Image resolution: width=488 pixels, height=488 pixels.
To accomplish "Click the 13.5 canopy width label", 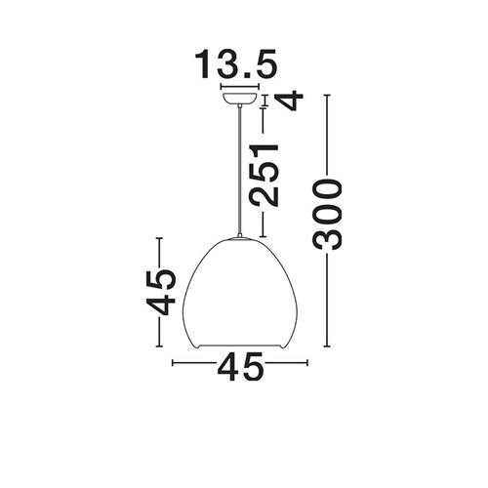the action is pos(235,64).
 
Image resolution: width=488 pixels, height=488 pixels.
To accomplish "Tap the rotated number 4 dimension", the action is pos(289,101).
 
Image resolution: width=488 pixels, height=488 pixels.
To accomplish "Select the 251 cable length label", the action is pos(264,175).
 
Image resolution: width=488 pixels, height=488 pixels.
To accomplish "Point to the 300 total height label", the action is pos(327,215).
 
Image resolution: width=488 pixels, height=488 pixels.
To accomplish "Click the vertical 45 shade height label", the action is pos(160,292).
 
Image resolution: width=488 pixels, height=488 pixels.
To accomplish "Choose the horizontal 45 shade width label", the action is pos(240,367).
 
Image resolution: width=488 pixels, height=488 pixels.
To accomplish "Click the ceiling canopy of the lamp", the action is pos(240,99).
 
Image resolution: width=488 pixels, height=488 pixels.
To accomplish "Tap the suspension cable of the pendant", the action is pos(240,171).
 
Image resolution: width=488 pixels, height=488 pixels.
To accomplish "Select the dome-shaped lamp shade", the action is pos(240,294).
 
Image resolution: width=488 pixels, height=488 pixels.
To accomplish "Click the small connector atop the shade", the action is pos(240,236).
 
